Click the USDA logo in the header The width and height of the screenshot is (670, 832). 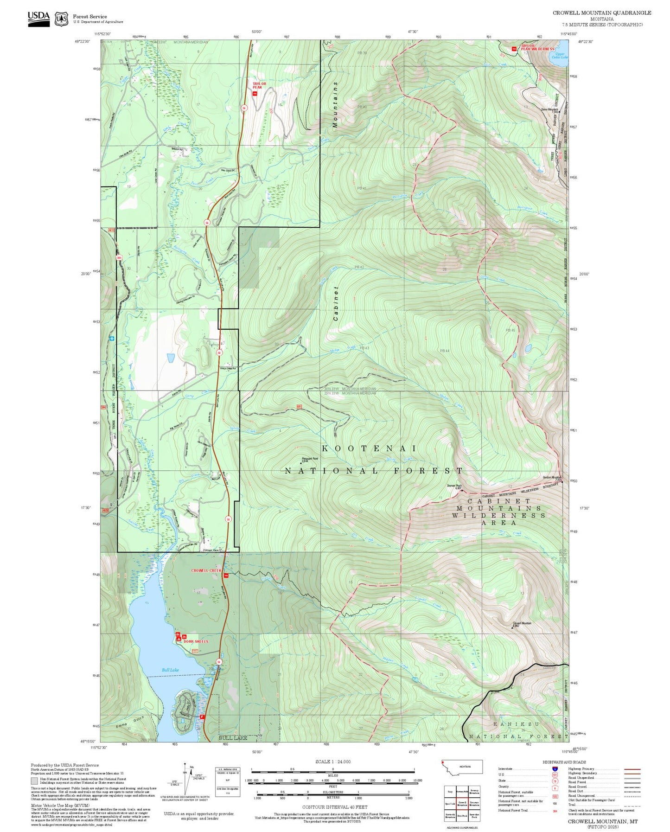pos(38,18)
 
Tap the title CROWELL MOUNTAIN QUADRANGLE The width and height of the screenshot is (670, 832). pos(601,13)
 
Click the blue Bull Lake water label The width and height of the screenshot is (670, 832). pos(170,670)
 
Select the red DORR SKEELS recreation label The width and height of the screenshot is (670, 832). pos(196,641)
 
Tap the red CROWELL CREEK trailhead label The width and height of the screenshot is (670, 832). pos(206,570)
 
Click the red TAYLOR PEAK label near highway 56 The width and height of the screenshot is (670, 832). pos(259,86)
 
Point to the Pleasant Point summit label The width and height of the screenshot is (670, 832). pos(310,459)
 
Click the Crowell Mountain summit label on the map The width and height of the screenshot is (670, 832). pos(522,623)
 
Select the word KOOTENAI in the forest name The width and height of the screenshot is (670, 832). pos(369,448)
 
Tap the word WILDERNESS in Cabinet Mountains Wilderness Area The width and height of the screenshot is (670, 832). pos(498,515)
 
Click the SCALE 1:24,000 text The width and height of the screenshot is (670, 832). pos(333,762)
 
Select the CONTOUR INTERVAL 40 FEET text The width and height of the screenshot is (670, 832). pos(332,807)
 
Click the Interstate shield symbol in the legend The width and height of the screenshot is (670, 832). pos(555,769)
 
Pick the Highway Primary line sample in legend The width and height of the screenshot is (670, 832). pos(632,769)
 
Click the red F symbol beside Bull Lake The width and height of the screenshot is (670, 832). pos(202,717)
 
